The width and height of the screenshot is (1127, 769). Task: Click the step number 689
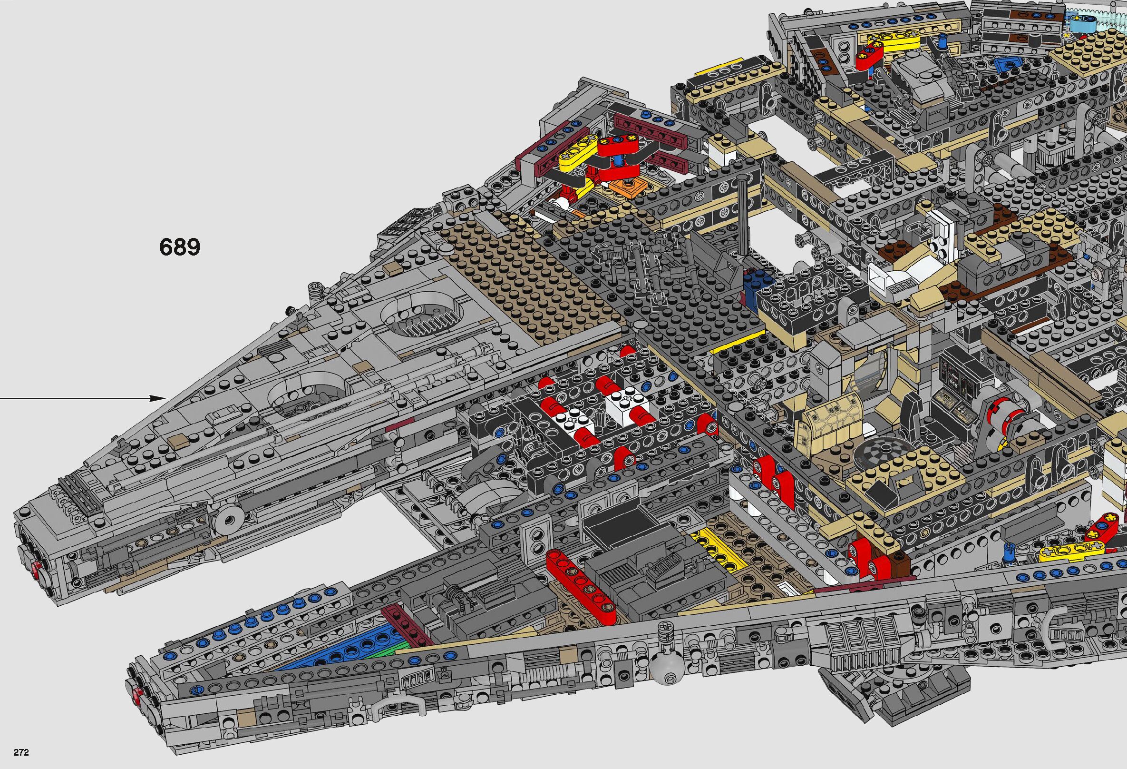(x=179, y=247)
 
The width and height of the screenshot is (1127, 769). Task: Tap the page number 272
(x=21, y=753)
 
